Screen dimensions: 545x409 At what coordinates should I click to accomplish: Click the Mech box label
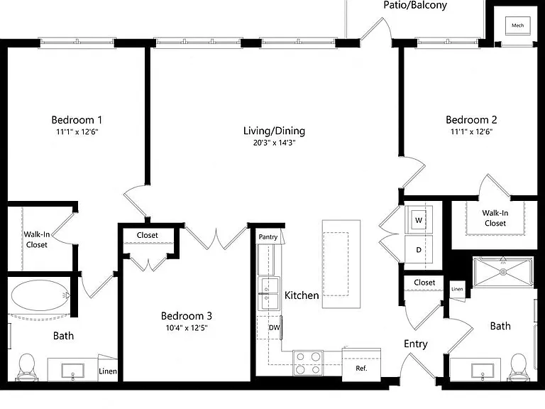pos(517,26)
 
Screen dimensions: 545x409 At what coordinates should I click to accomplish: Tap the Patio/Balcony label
pos(415,5)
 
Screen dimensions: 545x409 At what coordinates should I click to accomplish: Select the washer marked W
pos(419,220)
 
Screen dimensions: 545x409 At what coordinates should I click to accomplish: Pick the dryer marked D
pos(419,249)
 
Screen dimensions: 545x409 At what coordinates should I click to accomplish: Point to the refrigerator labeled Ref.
pos(361,365)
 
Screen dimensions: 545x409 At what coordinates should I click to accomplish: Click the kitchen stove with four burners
pos(308,363)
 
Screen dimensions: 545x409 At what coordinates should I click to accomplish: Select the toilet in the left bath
pos(26,367)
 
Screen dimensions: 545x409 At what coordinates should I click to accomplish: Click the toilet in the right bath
pos(518,368)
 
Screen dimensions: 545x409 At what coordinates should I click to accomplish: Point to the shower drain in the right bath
pos(503,272)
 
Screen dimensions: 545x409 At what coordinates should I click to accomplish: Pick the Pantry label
pos(268,237)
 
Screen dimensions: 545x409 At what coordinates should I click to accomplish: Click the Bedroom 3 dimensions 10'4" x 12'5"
pos(187,327)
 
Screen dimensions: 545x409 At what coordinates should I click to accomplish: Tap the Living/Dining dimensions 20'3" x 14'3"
pos(274,143)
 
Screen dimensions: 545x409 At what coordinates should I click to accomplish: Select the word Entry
pos(416,344)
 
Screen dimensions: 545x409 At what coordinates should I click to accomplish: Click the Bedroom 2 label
pos(471,120)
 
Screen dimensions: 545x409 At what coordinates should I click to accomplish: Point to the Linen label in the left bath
pos(108,371)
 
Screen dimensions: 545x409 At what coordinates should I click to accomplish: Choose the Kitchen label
pos(302,295)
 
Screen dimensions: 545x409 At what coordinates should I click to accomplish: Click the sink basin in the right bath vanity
pos(483,371)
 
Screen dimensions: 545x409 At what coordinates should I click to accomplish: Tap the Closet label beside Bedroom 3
pos(148,235)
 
